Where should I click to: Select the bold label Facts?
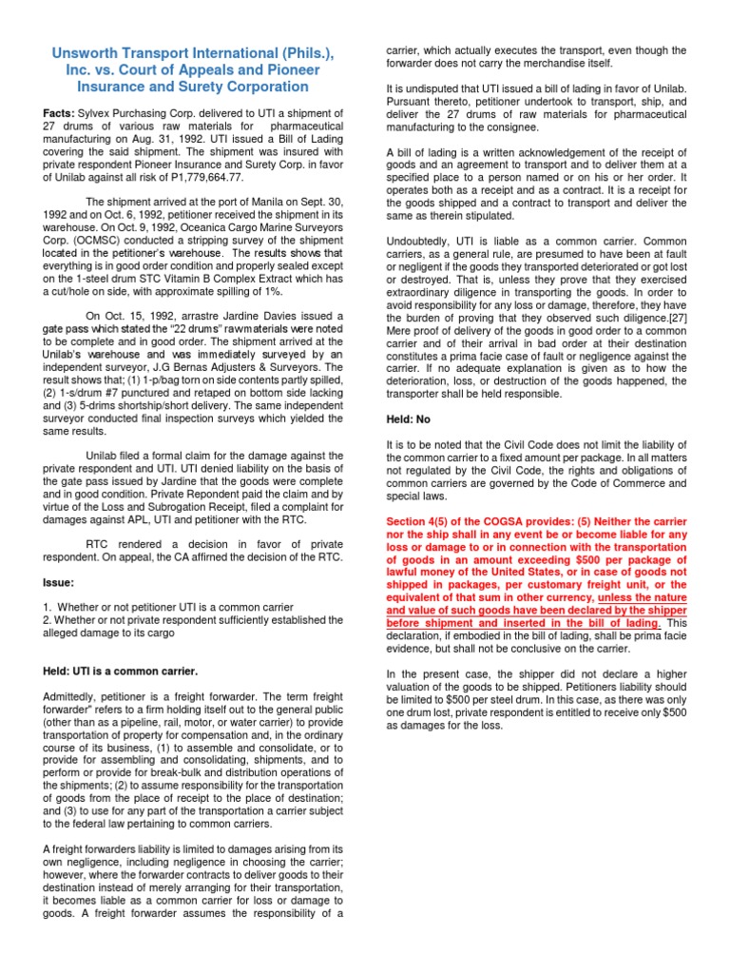62,113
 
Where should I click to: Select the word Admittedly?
75,697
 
